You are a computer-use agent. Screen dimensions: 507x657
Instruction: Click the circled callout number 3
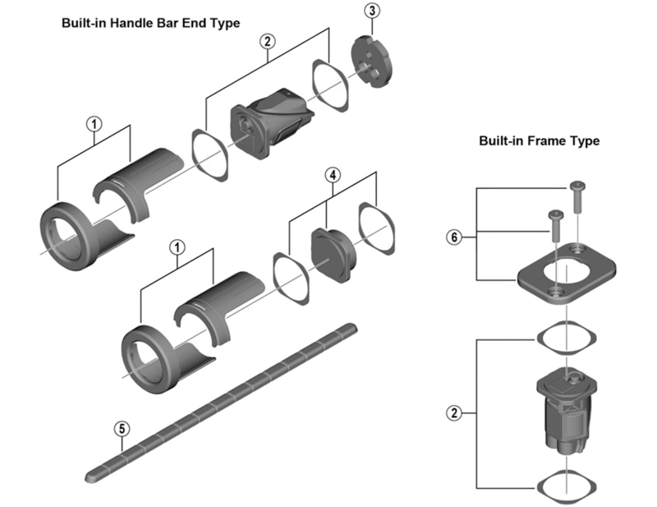pyautogui.click(x=372, y=11)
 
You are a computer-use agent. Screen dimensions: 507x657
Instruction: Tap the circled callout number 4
pyautogui.click(x=332, y=175)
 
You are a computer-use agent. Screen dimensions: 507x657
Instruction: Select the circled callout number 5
pyautogui.click(x=121, y=428)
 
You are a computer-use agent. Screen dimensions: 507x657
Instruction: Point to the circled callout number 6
pyautogui.click(x=453, y=237)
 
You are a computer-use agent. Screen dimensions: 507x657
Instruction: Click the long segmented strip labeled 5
pyautogui.click(x=222, y=402)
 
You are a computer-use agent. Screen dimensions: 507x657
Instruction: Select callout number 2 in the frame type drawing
pyautogui.click(x=453, y=412)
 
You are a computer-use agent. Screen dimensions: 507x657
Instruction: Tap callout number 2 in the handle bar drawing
pyautogui.click(x=267, y=41)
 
